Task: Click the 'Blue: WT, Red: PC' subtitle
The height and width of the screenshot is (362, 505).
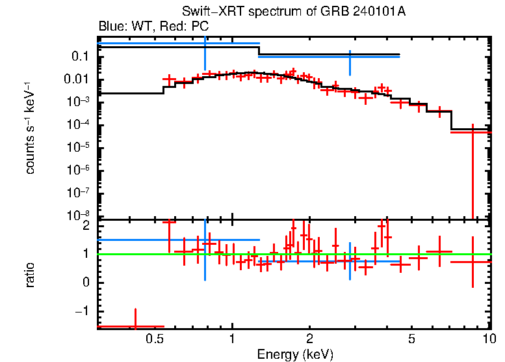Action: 153,27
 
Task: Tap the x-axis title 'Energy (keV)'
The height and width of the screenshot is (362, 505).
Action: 294,354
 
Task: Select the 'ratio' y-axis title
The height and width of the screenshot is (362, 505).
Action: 31,274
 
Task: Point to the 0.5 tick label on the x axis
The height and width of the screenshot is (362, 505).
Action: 153,339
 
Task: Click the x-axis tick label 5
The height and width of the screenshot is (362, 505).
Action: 411,339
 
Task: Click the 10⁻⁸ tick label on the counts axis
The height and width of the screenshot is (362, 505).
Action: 79,216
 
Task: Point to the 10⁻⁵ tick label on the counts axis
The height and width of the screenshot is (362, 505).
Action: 79,148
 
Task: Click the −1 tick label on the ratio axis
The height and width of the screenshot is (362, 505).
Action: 83,311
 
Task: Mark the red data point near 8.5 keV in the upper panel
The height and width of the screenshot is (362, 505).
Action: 473,132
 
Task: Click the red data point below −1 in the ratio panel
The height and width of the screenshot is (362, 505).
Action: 135,326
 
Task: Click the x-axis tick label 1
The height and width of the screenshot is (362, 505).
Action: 232,339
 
